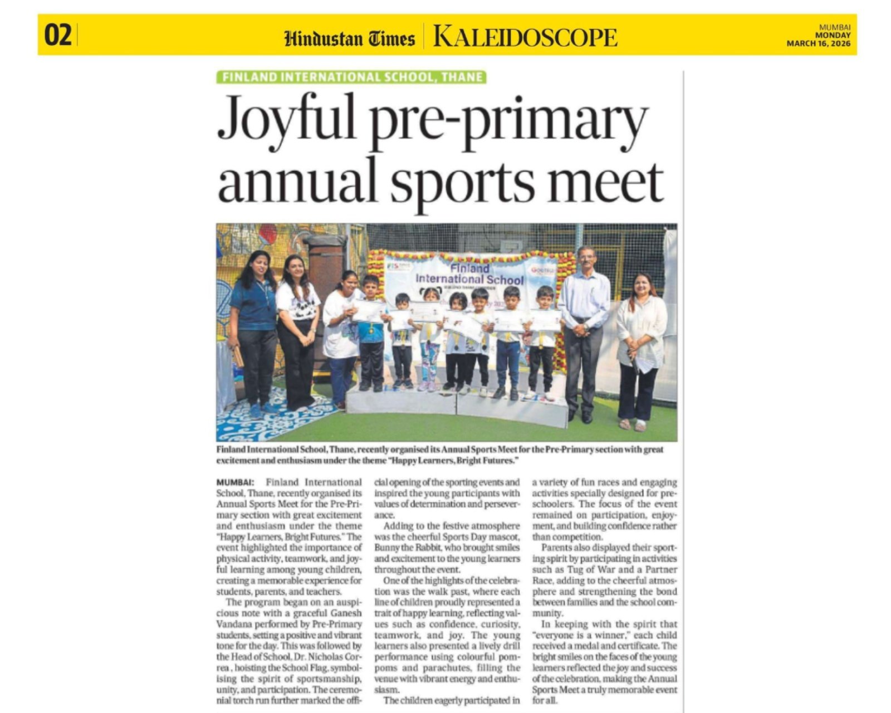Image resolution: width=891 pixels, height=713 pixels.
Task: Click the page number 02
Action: (58, 36)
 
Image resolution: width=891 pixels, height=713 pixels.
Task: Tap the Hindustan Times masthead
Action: (349, 38)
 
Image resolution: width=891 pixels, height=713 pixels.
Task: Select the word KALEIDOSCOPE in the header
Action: (525, 37)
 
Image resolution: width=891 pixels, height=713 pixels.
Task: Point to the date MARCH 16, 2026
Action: (818, 45)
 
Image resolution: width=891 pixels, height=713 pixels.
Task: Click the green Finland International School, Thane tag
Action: (351, 77)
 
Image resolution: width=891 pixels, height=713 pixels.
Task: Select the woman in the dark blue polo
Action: (253, 329)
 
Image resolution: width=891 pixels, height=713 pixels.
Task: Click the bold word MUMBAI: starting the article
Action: (235, 482)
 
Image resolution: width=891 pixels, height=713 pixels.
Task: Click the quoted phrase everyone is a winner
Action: (582, 635)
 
